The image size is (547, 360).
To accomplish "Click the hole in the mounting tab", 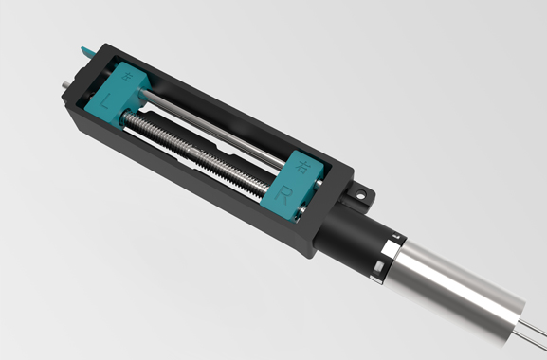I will pyautogui.click(x=362, y=194).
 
